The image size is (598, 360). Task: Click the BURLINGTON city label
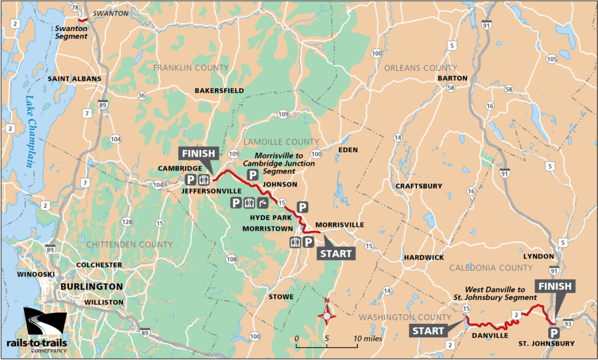pos(91,287)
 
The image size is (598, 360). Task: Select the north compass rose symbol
pos(327,316)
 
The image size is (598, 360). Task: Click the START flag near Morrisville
pos(335,254)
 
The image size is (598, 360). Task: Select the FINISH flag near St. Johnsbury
pos(556,287)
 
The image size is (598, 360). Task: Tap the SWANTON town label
pos(110,13)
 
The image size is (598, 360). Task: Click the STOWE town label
pos(281,297)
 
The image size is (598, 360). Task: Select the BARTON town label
pos(452,78)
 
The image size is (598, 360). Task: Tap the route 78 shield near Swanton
pos(74,7)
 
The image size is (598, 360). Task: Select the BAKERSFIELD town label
pos(219,91)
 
